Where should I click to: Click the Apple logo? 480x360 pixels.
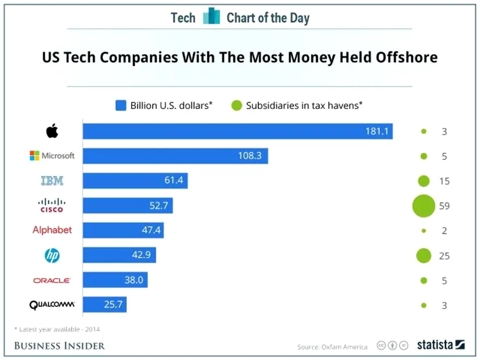52,131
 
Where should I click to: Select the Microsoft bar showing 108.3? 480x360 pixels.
175,156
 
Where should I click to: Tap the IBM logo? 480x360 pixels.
52,181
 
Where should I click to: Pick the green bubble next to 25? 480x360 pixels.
423,255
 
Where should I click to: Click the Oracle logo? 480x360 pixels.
52,280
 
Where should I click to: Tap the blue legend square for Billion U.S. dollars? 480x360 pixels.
121,106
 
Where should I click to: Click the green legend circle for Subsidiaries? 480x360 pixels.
236,106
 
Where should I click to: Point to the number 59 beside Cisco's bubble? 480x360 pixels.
445,206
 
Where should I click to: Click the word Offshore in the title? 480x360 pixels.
404,57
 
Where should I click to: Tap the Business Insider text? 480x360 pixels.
59,345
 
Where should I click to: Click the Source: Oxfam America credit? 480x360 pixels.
332,347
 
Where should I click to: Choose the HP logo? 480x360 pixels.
52,255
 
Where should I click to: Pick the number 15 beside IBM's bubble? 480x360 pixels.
445,181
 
